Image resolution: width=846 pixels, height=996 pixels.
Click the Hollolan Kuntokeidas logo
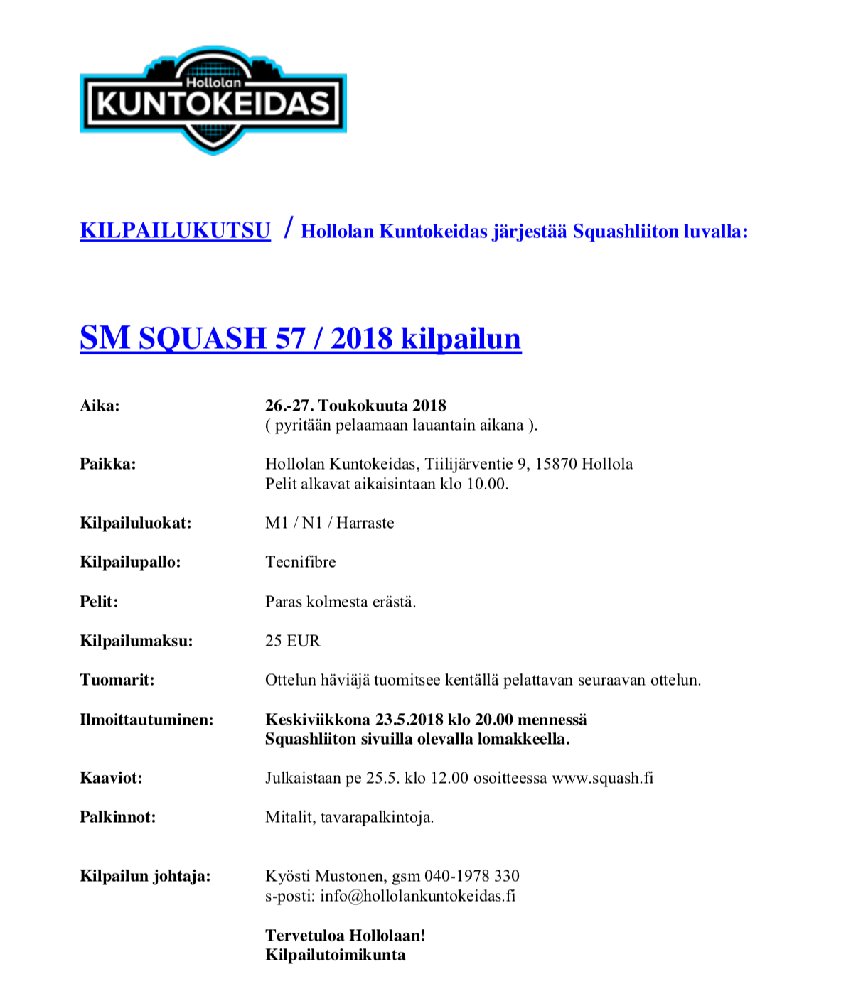[x=213, y=101]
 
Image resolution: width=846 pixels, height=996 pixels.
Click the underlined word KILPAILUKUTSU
[x=175, y=231]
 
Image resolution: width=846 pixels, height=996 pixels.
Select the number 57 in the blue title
[x=290, y=338]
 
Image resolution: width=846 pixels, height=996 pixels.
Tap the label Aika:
[x=100, y=406]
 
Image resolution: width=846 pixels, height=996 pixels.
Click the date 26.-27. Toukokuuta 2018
[x=355, y=406]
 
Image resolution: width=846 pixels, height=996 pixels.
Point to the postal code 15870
[x=556, y=464]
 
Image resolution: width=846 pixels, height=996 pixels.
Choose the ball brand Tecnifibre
[x=300, y=562]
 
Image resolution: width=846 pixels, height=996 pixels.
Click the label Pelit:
[x=99, y=602]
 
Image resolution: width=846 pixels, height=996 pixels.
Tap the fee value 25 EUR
[x=292, y=641]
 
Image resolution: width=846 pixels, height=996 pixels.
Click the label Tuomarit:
[x=117, y=680]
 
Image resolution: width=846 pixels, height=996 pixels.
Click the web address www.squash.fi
[x=602, y=778]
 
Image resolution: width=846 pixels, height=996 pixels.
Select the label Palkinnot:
[x=117, y=817]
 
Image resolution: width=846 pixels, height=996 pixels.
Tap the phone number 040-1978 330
[x=471, y=876]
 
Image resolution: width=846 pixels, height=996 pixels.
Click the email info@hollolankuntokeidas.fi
[x=417, y=896]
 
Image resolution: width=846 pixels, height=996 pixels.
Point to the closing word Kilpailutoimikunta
[x=335, y=955]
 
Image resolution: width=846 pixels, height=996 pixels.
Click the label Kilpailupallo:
[x=130, y=562]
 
